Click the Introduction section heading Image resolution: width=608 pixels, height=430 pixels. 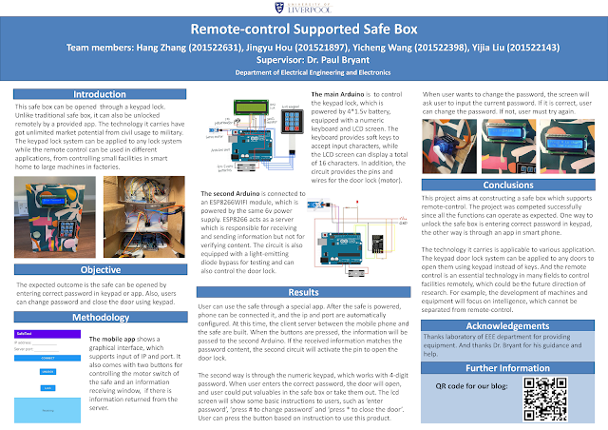coord(100,95)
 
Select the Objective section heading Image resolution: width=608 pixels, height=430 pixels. coord(100,269)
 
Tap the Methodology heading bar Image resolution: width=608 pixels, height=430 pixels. coord(100,316)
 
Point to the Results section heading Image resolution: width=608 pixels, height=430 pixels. coord(303,292)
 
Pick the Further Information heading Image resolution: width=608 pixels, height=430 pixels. coord(508,367)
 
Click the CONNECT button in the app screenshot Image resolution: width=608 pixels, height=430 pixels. coord(48,359)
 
